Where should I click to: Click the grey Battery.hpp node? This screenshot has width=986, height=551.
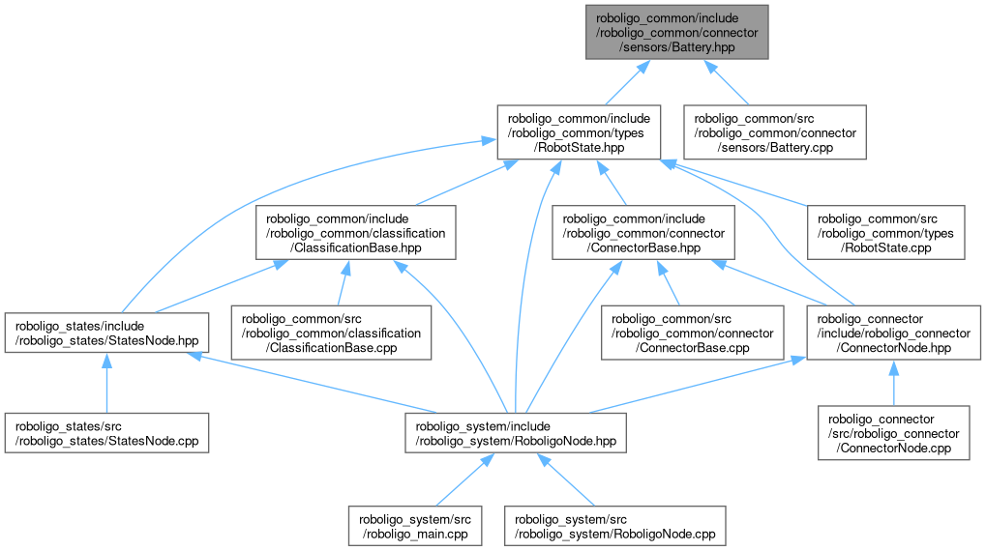pyautogui.click(x=676, y=32)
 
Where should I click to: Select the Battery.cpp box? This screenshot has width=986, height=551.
pyautogui.click(x=775, y=132)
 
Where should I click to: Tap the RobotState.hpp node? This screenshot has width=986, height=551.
pyautogui.click(x=579, y=132)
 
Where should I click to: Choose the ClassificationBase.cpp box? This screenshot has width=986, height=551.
pyautogui.click(x=331, y=333)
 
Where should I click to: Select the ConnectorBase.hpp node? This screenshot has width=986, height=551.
pyautogui.click(x=640, y=233)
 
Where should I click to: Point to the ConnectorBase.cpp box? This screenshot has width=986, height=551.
pyautogui.click(x=693, y=333)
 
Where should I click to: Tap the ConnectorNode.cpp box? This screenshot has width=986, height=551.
pyautogui.click(x=892, y=434)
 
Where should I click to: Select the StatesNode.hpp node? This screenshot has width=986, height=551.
pyautogui.click(x=106, y=333)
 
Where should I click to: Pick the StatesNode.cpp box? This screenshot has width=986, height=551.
pyautogui.click(x=106, y=434)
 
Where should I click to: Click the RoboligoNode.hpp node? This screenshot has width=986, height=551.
pyautogui.click(x=515, y=434)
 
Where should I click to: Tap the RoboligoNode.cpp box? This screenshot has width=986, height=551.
pyautogui.click(x=614, y=525)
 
